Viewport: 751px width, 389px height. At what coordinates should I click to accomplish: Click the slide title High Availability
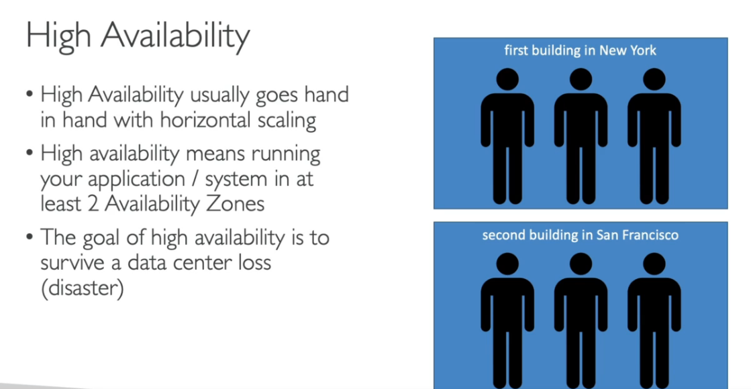click(x=138, y=36)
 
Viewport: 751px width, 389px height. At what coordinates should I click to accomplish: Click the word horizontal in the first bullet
click(x=205, y=119)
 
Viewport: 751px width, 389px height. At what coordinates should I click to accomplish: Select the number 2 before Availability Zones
click(x=93, y=204)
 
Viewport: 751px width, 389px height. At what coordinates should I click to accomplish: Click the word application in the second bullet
click(x=136, y=180)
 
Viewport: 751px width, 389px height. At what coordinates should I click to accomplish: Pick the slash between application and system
click(x=195, y=179)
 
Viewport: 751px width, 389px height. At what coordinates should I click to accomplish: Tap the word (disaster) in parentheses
click(x=83, y=288)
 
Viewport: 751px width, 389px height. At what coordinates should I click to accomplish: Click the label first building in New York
click(x=580, y=50)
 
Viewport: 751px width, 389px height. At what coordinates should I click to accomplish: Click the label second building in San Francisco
click(x=580, y=235)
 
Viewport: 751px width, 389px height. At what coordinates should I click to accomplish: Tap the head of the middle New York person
click(x=581, y=79)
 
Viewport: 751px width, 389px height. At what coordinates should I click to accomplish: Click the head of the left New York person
click(x=507, y=79)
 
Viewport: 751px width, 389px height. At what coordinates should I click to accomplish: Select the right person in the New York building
click(x=654, y=136)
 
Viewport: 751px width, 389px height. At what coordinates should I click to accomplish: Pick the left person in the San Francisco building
click(x=507, y=321)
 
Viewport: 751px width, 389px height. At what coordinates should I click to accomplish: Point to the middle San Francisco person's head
click(x=581, y=264)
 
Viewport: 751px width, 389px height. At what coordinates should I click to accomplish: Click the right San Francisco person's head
click(x=654, y=264)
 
